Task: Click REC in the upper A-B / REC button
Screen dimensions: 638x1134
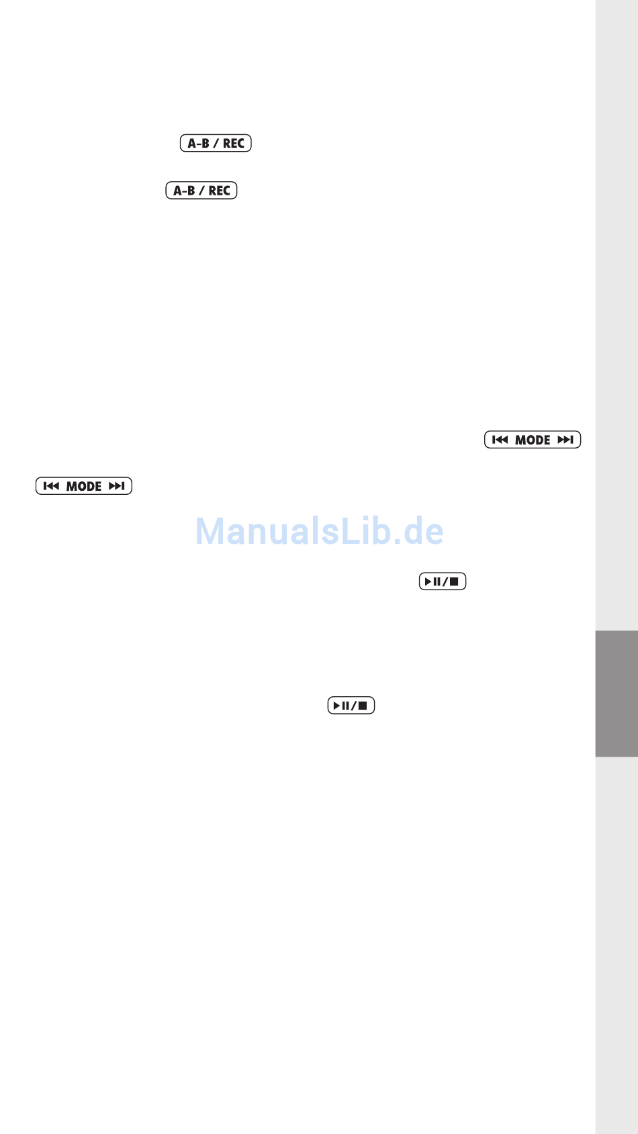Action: coord(234,144)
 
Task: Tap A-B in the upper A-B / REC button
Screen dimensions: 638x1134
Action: coord(198,144)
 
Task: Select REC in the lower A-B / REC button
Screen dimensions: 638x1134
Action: coord(220,191)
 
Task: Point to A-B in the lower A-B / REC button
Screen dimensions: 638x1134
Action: coord(184,191)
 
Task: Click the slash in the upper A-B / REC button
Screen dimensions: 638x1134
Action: coord(216,144)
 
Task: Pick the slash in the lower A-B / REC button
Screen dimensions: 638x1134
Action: coord(201,191)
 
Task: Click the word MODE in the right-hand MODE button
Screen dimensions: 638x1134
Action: coord(533,440)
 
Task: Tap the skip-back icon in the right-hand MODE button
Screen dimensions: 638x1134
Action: coord(500,440)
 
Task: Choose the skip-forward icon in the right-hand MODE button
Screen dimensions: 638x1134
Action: coord(565,440)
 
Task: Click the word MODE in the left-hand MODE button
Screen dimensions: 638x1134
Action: coord(84,487)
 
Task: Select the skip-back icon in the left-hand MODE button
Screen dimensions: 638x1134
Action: coord(51,486)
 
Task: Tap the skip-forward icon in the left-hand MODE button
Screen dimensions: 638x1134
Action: coord(117,486)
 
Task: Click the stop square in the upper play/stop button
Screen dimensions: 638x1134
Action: coord(454,581)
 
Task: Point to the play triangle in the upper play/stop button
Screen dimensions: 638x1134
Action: coord(428,581)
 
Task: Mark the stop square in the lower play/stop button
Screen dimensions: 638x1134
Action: coord(363,706)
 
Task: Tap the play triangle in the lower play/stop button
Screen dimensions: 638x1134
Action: coord(336,706)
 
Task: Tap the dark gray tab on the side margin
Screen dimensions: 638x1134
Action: coord(616,693)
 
